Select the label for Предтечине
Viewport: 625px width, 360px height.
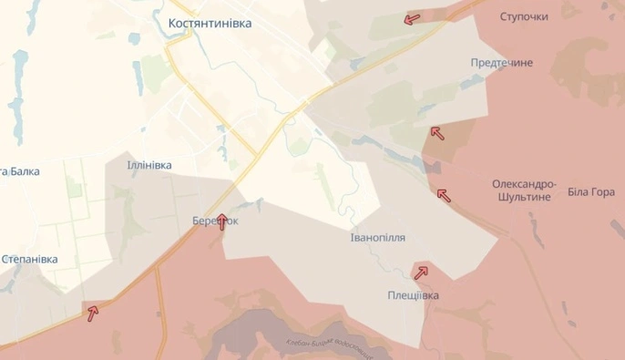tap(501, 62)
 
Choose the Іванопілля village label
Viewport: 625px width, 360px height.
tap(378, 237)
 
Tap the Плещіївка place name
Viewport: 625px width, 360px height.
tap(412, 295)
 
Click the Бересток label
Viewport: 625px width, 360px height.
tap(215, 221)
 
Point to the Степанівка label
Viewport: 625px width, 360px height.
tap(29, 260)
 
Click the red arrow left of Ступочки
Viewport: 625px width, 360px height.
tap(412, 18)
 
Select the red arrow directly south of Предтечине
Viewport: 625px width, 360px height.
tap(436, 133)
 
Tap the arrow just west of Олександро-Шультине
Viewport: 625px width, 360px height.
tap(443, 194)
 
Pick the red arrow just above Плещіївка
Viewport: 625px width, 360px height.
tap(420, 272)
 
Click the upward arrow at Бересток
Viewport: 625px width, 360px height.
tap(221, 221)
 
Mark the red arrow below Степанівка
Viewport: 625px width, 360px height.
tap(92, 314)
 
